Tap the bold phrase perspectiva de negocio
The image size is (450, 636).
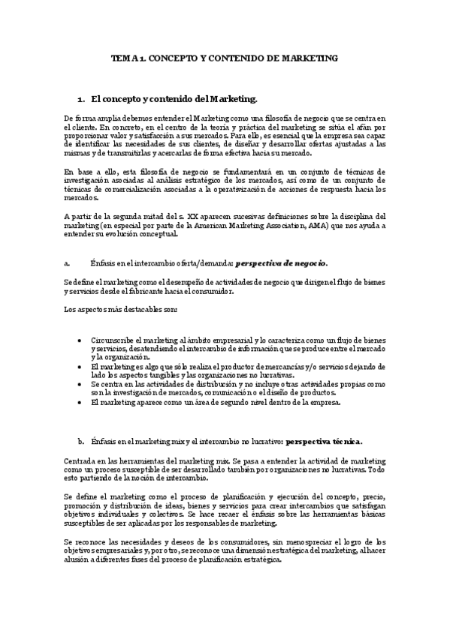282,263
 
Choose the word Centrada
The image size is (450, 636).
80,460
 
